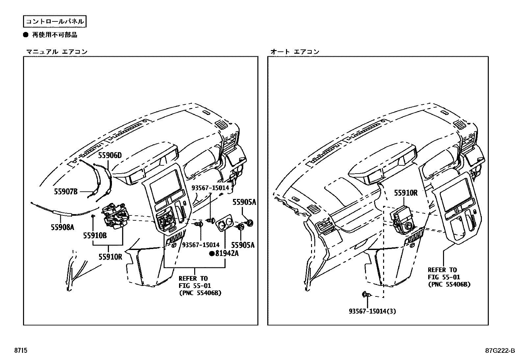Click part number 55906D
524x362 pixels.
[x=110, y=155]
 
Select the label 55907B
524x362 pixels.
[x=66, y=191]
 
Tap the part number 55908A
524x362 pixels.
[x=63, y=227]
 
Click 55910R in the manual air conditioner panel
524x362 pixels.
[x=110, y=257]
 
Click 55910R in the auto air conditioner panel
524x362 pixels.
[x=406, y=193]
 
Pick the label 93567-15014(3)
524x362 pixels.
[x=372, y=311]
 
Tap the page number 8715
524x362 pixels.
[x=21, y=351]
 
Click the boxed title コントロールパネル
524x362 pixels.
[x=55, y=22]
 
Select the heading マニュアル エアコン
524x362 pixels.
[x=57, y=52]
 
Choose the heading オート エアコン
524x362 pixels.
[x=295, y=52]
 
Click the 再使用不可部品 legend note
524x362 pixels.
[x=54, y=35]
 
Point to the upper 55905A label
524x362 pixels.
[x=244, y=202]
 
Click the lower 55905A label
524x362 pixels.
[x=243, y=245]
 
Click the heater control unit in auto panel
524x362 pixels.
[x=402, y=219]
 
